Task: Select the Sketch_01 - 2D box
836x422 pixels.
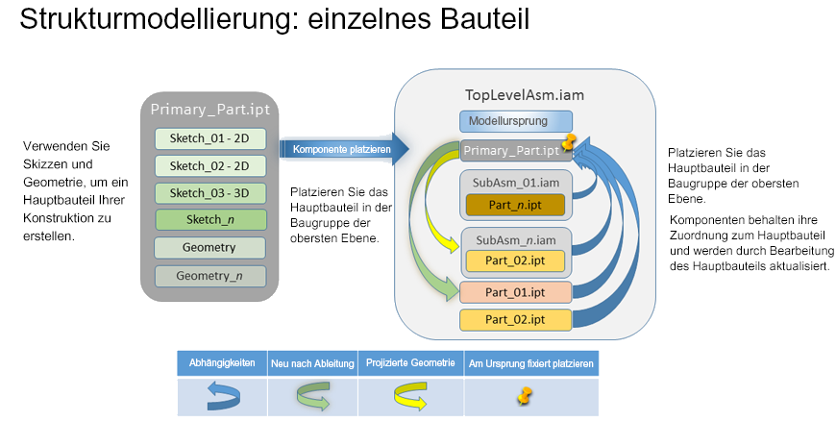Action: click(209, 138)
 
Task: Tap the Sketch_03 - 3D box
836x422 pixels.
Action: click(209, 192)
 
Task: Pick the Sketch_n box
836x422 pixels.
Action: click(209, 219)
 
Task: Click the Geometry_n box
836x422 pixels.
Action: click(209, 277)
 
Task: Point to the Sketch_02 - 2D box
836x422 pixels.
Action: click(209, 165)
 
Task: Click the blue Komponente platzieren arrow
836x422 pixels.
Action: click(342, 149)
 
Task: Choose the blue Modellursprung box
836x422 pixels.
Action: click(516, 122)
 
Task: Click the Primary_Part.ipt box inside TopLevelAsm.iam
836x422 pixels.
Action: click(509, 150)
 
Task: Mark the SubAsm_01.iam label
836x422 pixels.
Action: click(516, 181)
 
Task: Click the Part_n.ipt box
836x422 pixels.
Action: click(516, 204)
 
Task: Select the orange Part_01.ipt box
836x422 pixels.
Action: click(516, 291)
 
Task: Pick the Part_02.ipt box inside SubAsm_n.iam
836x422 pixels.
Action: click(516, 261)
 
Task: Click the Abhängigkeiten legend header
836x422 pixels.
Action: click(221, 363)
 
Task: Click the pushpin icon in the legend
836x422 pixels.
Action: click(527, 395)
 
